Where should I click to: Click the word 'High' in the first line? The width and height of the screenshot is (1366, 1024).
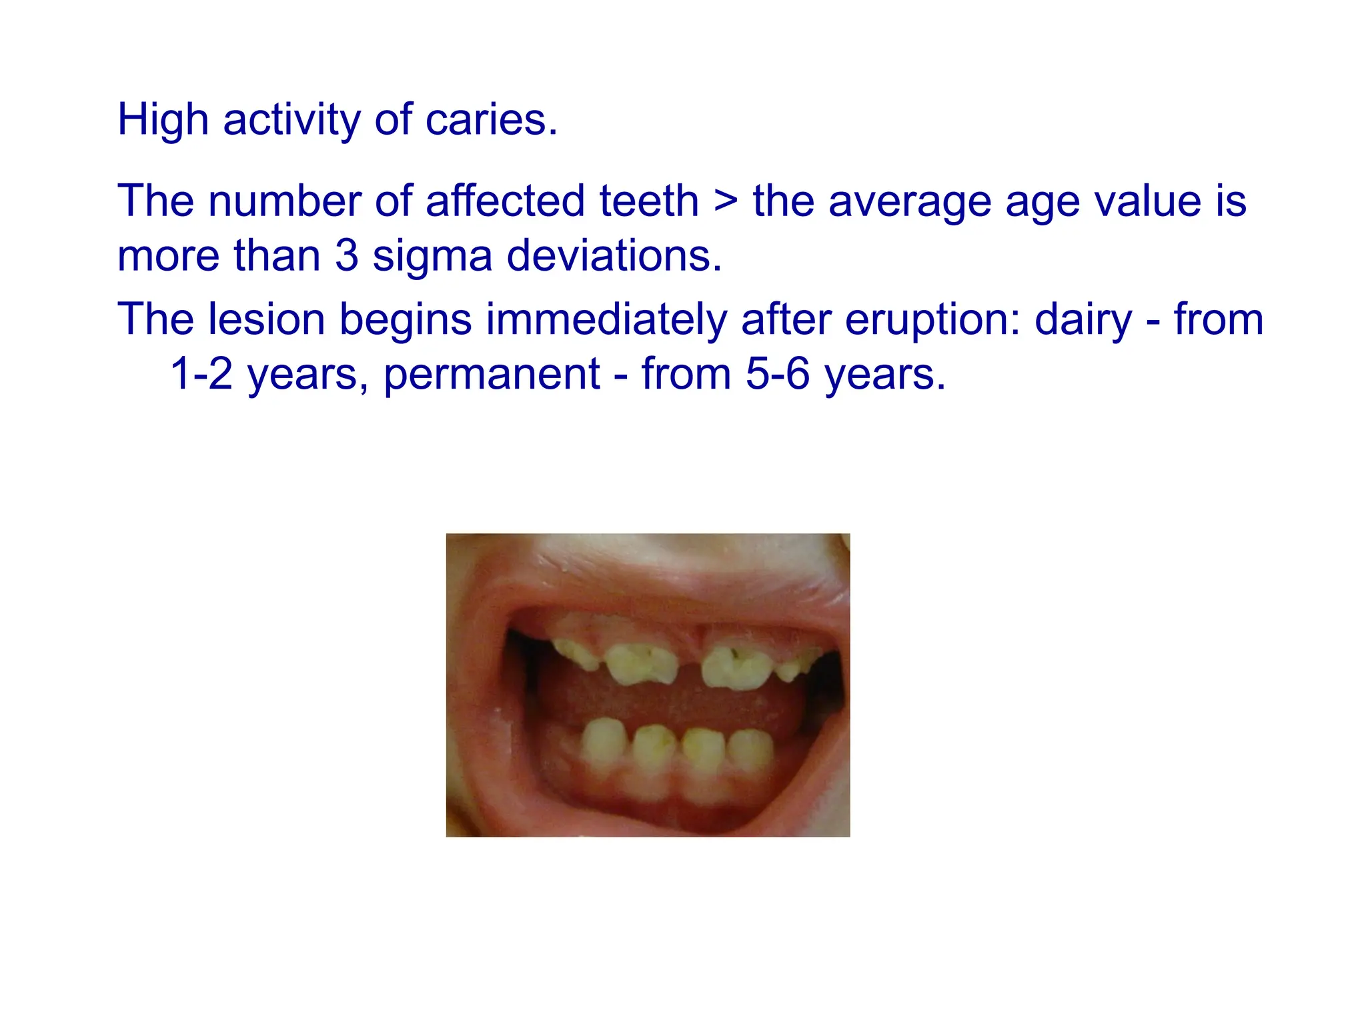pos(163,120)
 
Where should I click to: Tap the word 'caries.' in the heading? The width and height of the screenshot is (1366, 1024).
pos(491,120)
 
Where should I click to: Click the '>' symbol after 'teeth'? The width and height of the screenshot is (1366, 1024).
pos(726,201)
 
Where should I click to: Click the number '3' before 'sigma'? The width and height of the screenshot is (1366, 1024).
pos(346,256)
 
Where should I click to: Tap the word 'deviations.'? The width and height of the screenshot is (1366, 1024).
pos(614,256)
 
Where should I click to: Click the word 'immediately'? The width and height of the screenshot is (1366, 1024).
pos(606,319)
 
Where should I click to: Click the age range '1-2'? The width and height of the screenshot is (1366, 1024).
pos(201,374)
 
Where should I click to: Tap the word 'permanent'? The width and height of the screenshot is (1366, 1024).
pos(492,374)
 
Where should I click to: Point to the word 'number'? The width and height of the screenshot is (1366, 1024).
pos(284,201)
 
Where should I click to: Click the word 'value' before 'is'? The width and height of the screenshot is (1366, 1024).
pos(1147,201)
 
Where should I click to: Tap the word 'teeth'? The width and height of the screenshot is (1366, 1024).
pos(648,201)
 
